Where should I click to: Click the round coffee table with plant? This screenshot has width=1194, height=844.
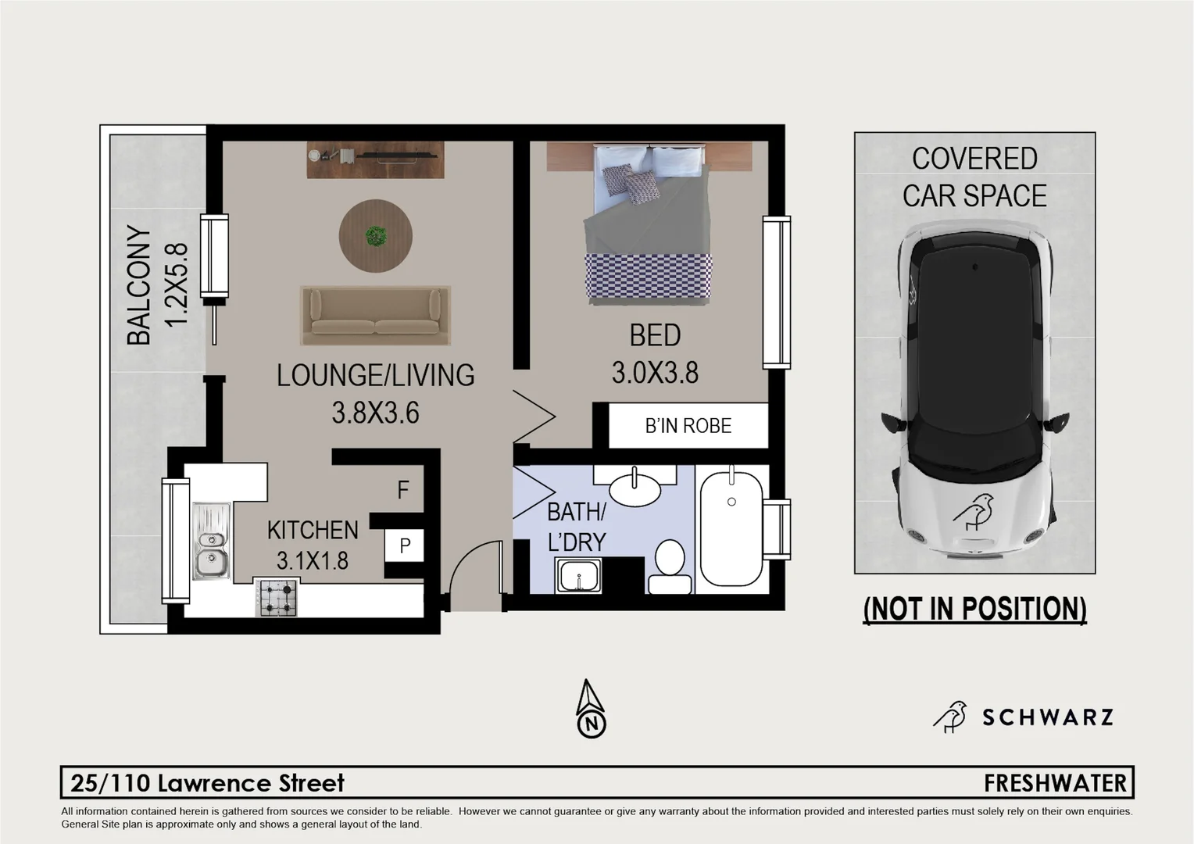[x=375, y=235]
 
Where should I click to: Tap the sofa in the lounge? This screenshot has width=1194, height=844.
[x=375, y=315]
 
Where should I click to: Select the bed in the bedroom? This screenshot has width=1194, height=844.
[x=648, y=227]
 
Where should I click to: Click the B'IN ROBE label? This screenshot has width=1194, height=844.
[x=688, y=426]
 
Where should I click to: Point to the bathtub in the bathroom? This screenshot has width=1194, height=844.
[x=731, y=527]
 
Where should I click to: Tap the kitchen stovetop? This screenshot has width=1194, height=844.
[x=277, y=598]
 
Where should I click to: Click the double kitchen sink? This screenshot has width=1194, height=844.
[x=211, y=542]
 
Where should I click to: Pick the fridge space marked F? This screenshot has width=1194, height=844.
[x=402, y=490]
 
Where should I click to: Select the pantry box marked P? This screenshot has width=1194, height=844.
[x=404, y=545]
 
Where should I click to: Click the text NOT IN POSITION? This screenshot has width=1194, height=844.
[x=974, y=609]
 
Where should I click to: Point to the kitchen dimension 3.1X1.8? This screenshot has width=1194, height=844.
[x=312, y=560]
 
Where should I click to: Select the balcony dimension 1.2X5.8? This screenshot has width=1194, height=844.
[x=177, y=285]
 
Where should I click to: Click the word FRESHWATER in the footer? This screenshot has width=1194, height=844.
[x=1055, y=783]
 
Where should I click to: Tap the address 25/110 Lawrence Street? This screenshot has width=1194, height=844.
[x=207, y=783]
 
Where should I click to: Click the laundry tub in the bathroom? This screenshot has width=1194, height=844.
[x=577, y=578]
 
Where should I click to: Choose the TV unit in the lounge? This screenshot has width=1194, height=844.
[x=375, y=159]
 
